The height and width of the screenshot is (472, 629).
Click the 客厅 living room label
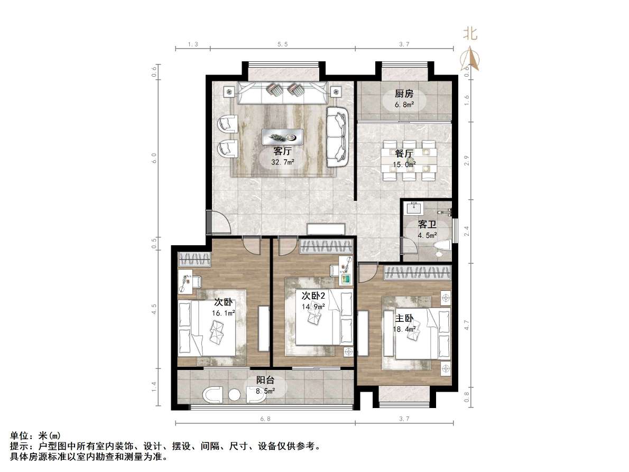(x=283, y=151)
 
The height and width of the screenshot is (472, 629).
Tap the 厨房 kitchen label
(x=404, y=94)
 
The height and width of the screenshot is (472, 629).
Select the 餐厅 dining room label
(x=404, y=154)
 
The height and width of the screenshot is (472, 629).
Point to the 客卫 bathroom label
(x=427, y=225)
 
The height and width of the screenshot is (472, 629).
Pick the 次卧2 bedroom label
(x=313, y=295)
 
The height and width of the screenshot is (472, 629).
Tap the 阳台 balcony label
(x=265, y=380)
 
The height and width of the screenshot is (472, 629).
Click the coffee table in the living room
(x=282, y=136)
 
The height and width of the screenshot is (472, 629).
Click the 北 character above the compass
(x=470, y=34)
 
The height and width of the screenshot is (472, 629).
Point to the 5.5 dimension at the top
(x=282, y=45)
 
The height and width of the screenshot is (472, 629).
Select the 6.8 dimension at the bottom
(x=265, y=419)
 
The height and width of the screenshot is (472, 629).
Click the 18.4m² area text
(x=404, y=330)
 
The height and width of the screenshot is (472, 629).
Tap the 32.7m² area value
(x=283, y=162)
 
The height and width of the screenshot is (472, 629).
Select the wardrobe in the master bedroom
(x=418, y=273)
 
